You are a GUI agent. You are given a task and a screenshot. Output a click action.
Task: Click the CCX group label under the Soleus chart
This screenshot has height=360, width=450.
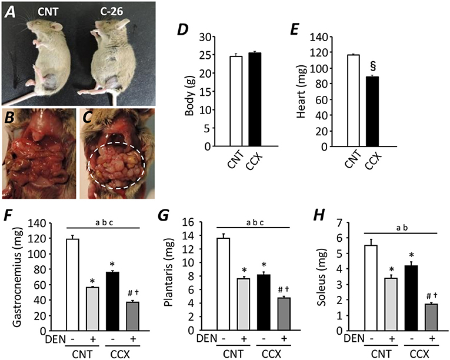click(420, 353)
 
